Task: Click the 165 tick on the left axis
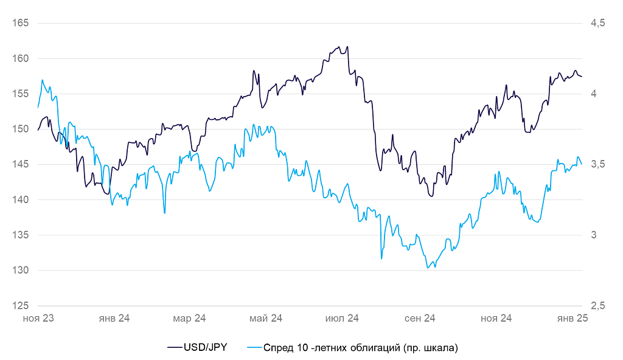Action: pos(21,23)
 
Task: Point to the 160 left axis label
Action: pos(21,58)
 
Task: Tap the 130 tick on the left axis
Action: pos(21,270)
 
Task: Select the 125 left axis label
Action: pos(21,305)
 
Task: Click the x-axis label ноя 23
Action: pos(38,318)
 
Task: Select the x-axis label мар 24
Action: pos(190,318)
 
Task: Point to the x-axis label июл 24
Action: pos(343,318)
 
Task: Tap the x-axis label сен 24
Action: pos(420,318)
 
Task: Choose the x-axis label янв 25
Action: pos(573,318)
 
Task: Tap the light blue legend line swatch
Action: pos(254,348)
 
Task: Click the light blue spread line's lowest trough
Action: pos(428,268)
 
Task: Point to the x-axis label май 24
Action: pos(266,318)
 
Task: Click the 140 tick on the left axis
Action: pos(21,199)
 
